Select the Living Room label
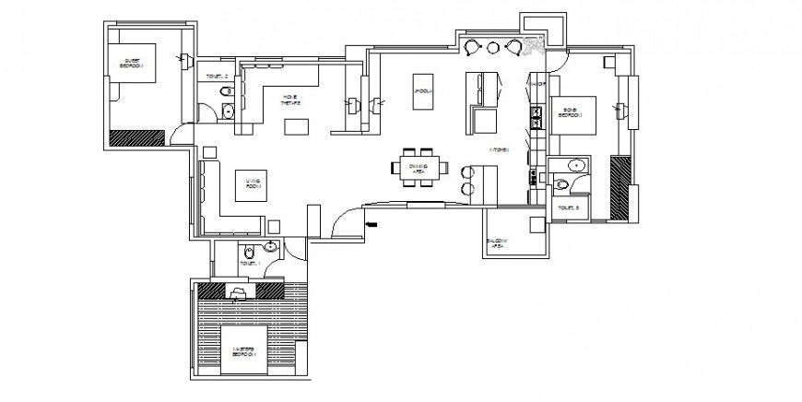pyautogui.click(x=249, y=183)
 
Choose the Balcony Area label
pyautogui.click(x=497, y=244)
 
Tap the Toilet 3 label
pyautogui.click(x=570, y=210)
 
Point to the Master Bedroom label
pyautogui.click(x=243, y=350)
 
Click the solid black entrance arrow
pyautogui.click(x=371, y=223)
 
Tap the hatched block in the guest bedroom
pyautogui.click(x=136, y=137)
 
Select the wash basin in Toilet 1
pyautogui.click(x=270, y=247)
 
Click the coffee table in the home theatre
pyautogui.click(x=294, y=124)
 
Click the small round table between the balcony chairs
pyautogui.click(x=493, y=47)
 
